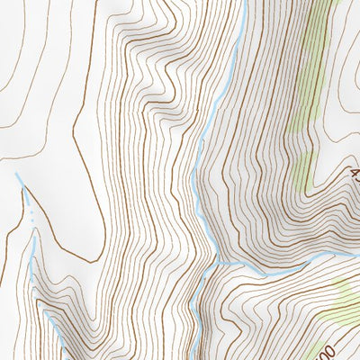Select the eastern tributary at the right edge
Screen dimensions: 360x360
(x=355, y=256)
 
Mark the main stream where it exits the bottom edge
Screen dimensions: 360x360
(x=191, y=357)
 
